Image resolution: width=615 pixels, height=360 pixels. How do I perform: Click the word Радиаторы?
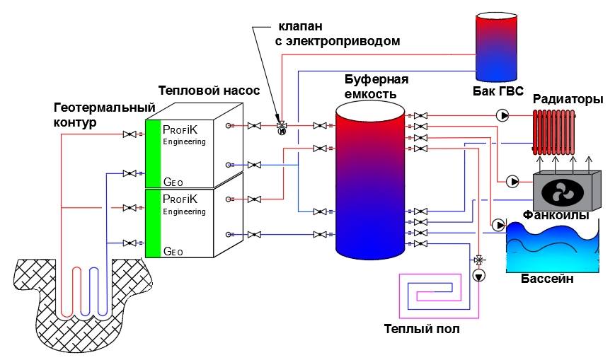(568, 99)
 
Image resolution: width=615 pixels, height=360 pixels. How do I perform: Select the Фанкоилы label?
(556, 215)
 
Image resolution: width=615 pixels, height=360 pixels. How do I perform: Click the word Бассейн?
(547, 279)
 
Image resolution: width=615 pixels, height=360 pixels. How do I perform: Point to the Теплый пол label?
(422, 328)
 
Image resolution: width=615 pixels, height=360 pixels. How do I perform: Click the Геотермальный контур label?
(104, 115)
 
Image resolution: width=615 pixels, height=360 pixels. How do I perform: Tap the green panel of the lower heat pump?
(153, 223)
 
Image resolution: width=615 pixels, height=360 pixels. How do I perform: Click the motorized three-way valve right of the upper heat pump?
(282, 127)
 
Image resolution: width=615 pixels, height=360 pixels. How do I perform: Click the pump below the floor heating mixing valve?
(479, 276)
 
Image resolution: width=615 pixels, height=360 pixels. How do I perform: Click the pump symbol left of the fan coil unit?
(512, 182)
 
